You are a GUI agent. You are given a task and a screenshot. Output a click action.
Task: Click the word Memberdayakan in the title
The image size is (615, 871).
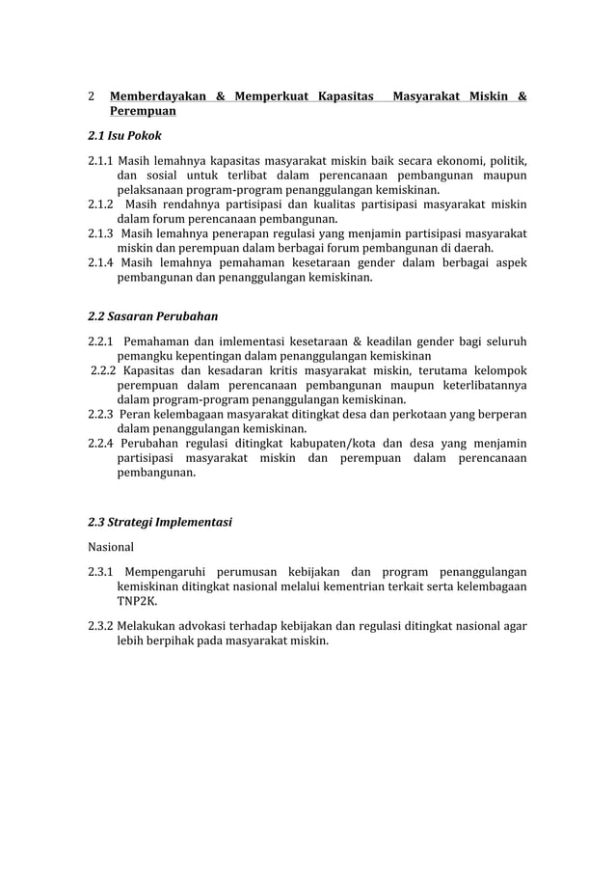[158, 96]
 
